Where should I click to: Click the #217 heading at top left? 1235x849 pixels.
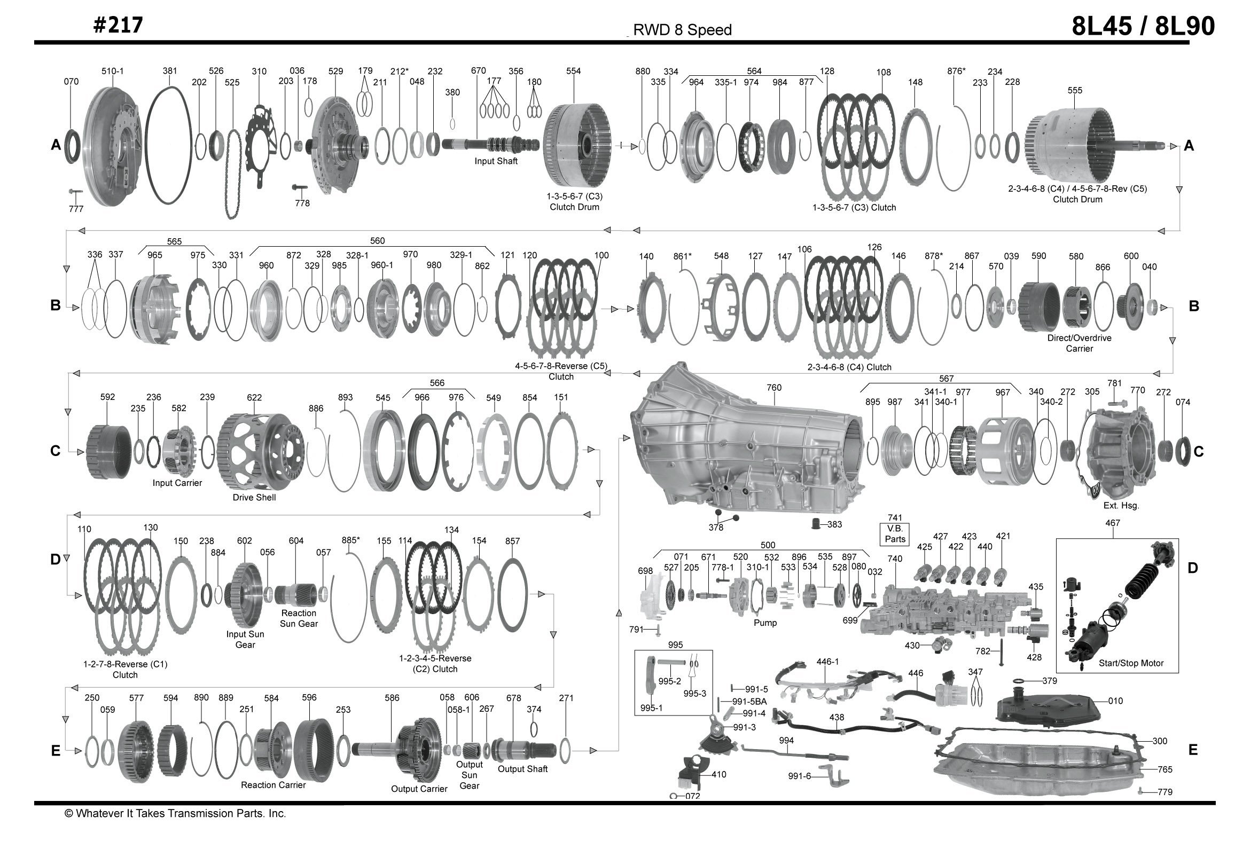click(118, 25)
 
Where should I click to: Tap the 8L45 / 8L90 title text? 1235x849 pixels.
click(1143, 26)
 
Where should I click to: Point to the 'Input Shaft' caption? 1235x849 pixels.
click(496, 161)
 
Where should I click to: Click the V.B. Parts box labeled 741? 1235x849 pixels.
click(895, 534)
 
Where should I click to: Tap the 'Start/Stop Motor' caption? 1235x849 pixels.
click(1130, 663)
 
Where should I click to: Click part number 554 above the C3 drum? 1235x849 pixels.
click(573, 71)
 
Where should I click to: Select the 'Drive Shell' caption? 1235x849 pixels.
click(254, 498)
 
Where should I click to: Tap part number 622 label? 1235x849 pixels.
click(254, 397)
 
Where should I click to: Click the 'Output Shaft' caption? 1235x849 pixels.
click(522, 769)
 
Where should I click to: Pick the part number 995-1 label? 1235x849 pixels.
click(651, 708)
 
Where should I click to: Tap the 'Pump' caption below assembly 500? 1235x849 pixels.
click(765, 623)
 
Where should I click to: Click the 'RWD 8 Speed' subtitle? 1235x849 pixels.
click(682, 30)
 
